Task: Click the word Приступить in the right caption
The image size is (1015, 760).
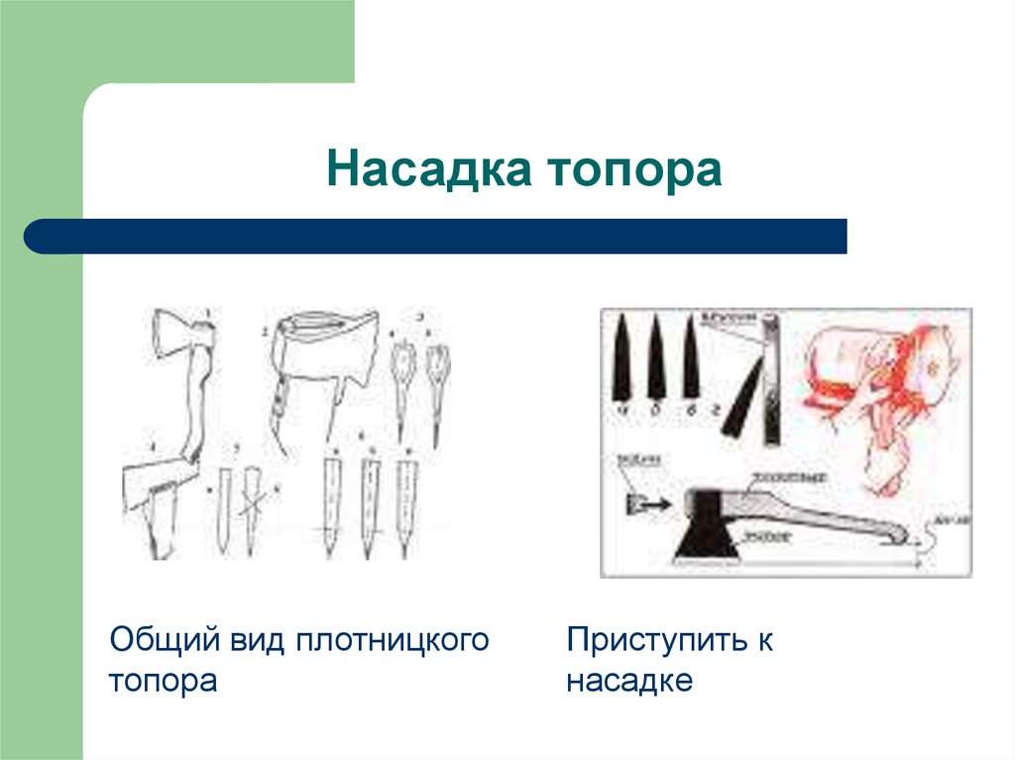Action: click(x=655, y=639)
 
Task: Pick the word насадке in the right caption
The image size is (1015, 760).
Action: click(x=628, y=682)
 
